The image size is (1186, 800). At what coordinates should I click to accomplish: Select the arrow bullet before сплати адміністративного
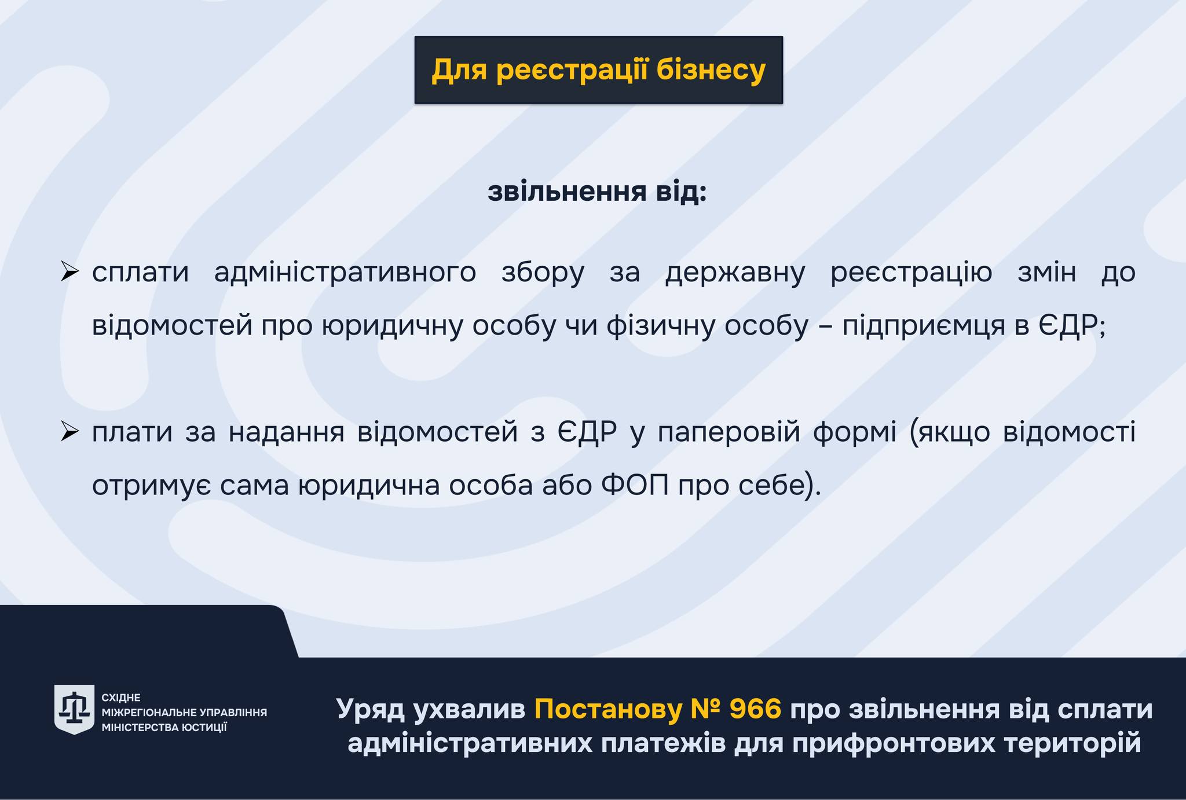69,271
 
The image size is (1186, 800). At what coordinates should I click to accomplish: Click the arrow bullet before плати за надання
69,431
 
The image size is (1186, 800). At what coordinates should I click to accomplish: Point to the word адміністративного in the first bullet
345,272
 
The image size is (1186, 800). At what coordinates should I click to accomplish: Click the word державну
735,272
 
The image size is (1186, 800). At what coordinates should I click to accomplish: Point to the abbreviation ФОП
635,485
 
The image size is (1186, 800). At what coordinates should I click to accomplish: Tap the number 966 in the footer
756,709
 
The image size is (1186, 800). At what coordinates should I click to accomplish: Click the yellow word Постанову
607,710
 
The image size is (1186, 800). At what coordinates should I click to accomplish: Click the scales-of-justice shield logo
74,709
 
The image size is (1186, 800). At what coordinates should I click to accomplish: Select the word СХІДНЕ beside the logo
121,698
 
